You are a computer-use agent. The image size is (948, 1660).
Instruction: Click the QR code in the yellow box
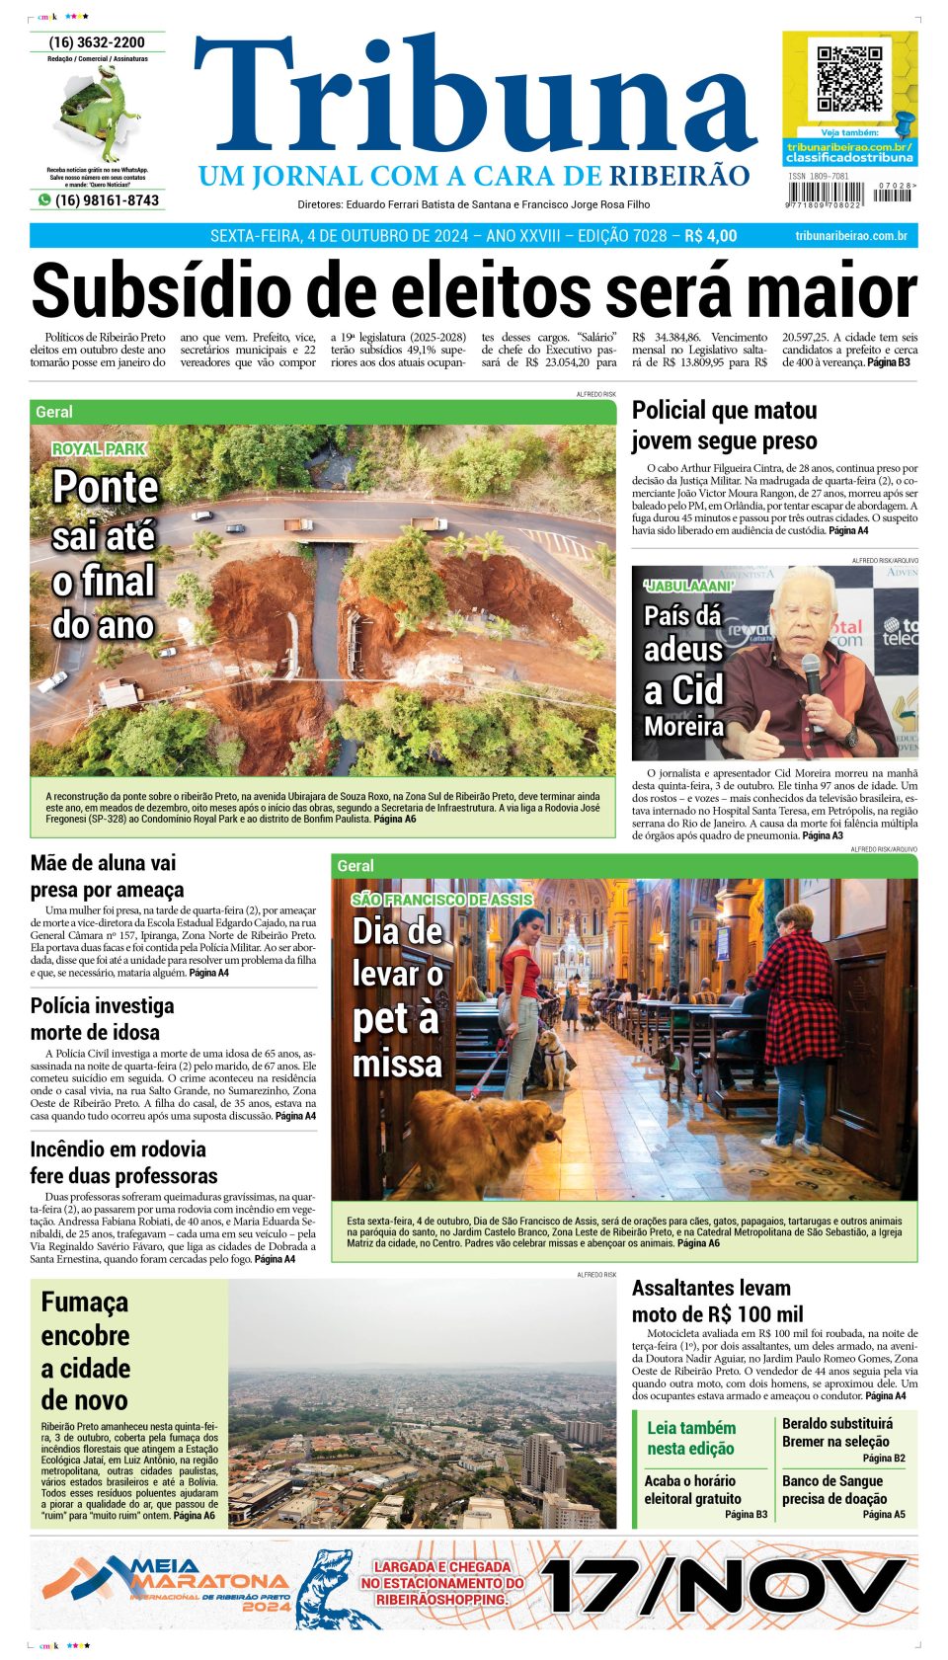tap(849, 79)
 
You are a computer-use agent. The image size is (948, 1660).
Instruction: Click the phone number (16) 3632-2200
tap(97, 42)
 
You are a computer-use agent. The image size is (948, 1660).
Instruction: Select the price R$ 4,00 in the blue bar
tap(710, 236)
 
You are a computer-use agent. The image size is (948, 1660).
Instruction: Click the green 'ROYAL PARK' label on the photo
tap(99, 449)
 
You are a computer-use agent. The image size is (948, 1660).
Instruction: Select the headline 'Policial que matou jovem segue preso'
tap(724, 426)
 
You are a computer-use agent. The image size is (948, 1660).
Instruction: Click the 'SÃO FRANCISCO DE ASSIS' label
tap(441, 900)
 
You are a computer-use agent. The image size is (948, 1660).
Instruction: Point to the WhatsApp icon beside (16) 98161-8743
tap(43, 200)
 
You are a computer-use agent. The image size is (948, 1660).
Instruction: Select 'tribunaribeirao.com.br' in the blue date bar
tap(850, 236)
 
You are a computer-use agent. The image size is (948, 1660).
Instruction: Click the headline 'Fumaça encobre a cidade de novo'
tap(85, 1351)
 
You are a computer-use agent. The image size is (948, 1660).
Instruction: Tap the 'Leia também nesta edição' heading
tap(690, 1438)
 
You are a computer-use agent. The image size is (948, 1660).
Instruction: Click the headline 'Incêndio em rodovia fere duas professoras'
tap(123, 1162)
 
